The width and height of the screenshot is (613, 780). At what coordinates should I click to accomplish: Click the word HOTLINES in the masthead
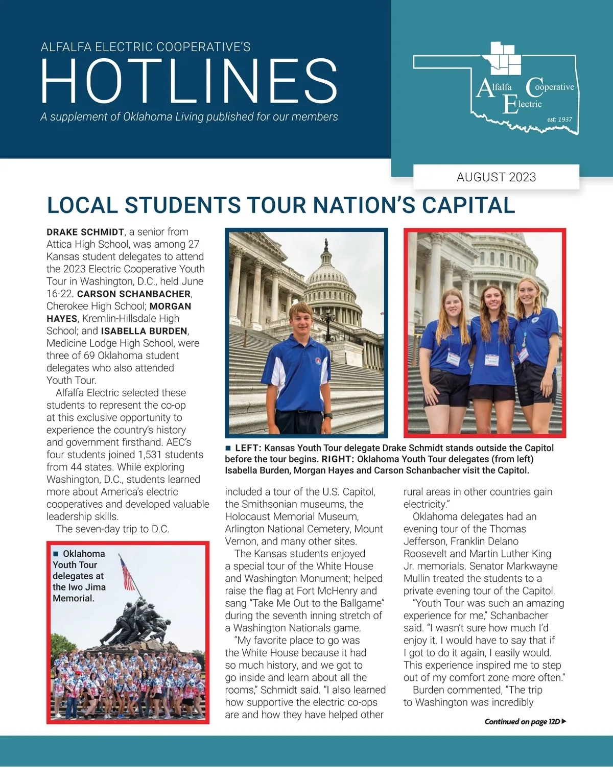click(189, 81)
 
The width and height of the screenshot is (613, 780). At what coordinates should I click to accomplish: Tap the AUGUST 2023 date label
click(496, 177)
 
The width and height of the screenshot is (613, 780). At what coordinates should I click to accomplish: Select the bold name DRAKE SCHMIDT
click(85, 232)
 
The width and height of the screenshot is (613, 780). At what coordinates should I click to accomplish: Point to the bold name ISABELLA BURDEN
click(145, 331)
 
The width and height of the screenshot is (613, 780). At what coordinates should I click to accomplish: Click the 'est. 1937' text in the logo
click(559, 120)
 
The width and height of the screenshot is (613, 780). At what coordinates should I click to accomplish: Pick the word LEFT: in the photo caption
click(247, 448)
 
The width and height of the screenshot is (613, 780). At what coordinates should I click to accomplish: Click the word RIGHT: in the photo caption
click(338, 459)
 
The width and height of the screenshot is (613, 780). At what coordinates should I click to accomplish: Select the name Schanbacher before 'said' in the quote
click(519, 616)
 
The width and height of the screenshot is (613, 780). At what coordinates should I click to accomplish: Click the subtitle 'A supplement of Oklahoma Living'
click(189, 117)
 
